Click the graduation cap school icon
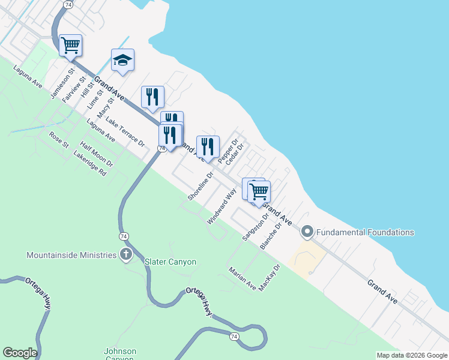point(122,61)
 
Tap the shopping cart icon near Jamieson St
point(70,45)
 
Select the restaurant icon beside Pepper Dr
point(208,146)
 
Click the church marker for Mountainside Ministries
point(126,254)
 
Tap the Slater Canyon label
point(170,262)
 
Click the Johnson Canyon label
point(120,354)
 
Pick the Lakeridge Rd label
point(89,163)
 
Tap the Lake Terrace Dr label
point(125,132)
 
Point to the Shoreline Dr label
point(200,187)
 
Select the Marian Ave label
point(243,279)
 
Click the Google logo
point(20,353)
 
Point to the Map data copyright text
point(411,355)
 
